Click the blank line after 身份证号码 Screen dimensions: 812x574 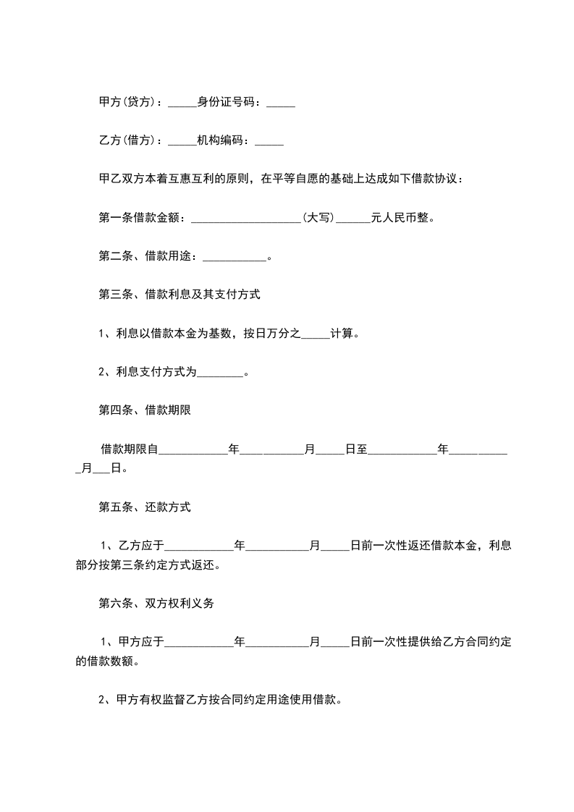point(281,105)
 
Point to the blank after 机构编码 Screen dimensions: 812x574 point(269,143)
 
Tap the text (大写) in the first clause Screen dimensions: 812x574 point(318,217)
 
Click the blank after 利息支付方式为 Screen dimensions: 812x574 point(220,375)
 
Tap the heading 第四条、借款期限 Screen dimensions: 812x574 point(144,410)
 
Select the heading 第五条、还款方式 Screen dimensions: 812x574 point(144,507)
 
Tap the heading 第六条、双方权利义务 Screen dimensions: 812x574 point(156,604)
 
